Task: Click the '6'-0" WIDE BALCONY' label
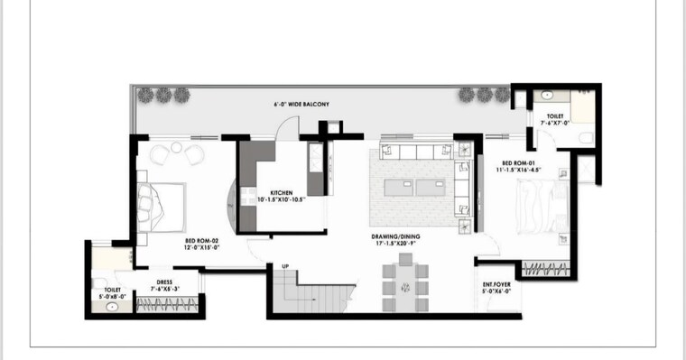[301, 105]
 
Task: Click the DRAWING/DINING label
[395, 236]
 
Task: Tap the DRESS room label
[164, 282]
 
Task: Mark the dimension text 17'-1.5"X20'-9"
[395, 244]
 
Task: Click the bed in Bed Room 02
[160, 205]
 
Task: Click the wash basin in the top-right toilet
[547, 95]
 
